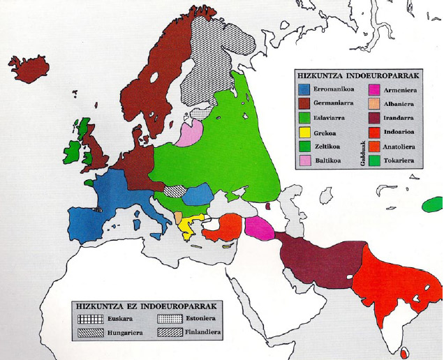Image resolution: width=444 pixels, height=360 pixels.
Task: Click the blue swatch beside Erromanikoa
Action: [304, 89]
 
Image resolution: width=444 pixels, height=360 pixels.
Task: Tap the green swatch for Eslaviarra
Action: [304, 118]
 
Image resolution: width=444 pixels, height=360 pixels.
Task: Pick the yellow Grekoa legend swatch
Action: [304, 132]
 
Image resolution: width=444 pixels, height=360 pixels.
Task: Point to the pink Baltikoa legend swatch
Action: [304, 160]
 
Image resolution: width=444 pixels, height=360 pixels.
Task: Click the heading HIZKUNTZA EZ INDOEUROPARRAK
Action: [149, 306]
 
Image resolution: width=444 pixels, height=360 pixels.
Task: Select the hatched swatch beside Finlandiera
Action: [163, 333]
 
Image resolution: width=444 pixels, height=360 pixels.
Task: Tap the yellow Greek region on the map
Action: [186, 226]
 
